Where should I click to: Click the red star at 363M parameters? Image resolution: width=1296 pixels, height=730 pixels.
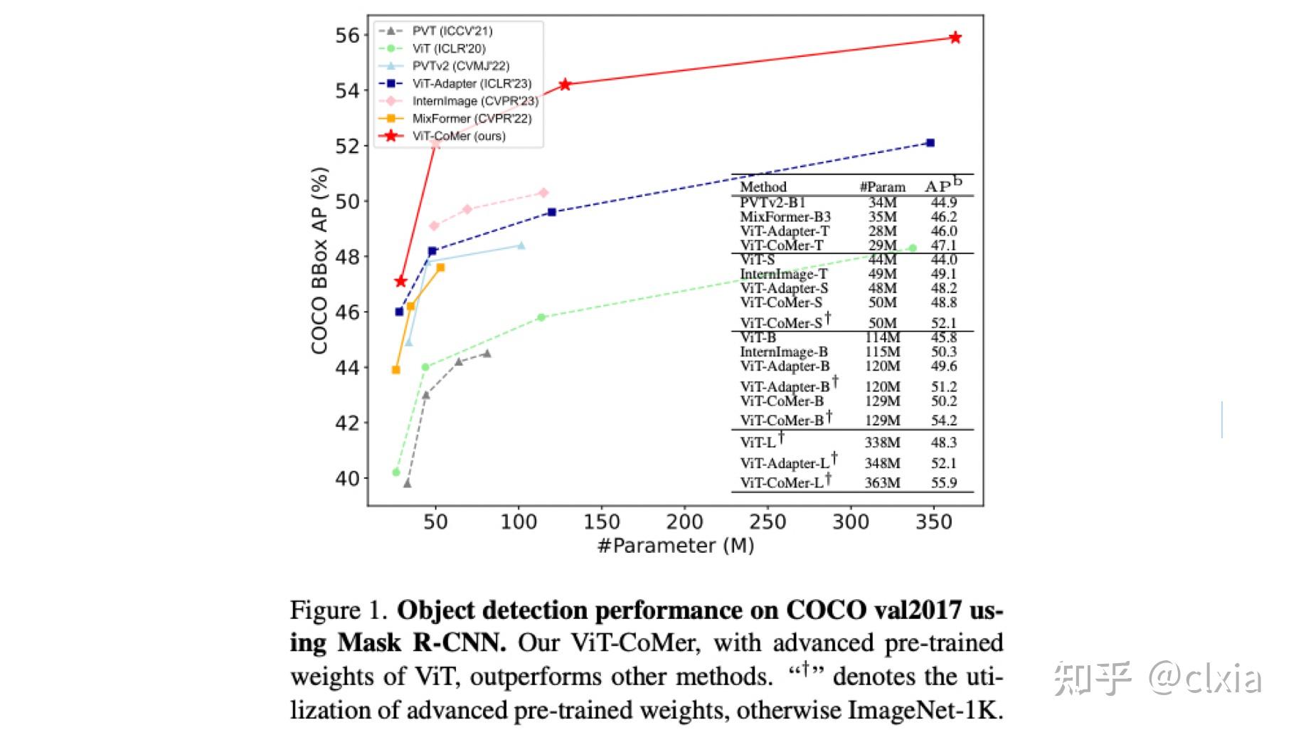pos(955,38)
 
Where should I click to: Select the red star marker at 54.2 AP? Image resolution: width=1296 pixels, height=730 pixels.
pos(565,85)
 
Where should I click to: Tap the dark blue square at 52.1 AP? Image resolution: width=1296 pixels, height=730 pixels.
pos(930,143)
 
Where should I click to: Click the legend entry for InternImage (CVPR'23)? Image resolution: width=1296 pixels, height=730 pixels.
pos(474,101)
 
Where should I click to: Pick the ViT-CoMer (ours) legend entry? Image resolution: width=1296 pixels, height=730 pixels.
pos(458,136)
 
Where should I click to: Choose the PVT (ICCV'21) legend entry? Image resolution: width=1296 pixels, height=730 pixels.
pos(452,31)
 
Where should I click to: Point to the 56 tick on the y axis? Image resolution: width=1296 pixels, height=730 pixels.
pos(347,36)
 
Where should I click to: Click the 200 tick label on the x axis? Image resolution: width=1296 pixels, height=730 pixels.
pos(684,522)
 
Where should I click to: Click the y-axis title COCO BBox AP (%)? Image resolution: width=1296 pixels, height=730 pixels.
pos(319,260)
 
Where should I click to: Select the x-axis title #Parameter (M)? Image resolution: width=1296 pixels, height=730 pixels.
pos(675,546)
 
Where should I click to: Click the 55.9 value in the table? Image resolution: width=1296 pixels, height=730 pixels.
pos(943,483)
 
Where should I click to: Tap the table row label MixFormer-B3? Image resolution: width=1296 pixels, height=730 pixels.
pos(785,217)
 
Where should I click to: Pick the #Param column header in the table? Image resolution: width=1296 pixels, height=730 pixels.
pos(882,187)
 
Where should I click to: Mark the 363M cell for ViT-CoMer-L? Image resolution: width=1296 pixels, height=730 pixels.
pos(882,483)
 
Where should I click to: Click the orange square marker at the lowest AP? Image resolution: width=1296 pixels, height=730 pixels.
pos(396,370)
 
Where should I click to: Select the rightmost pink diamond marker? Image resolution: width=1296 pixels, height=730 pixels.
pos(543,193)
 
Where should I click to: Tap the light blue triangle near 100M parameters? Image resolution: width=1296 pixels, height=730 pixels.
pos(521,245)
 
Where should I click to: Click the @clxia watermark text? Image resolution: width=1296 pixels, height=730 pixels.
pos(1205,678)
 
